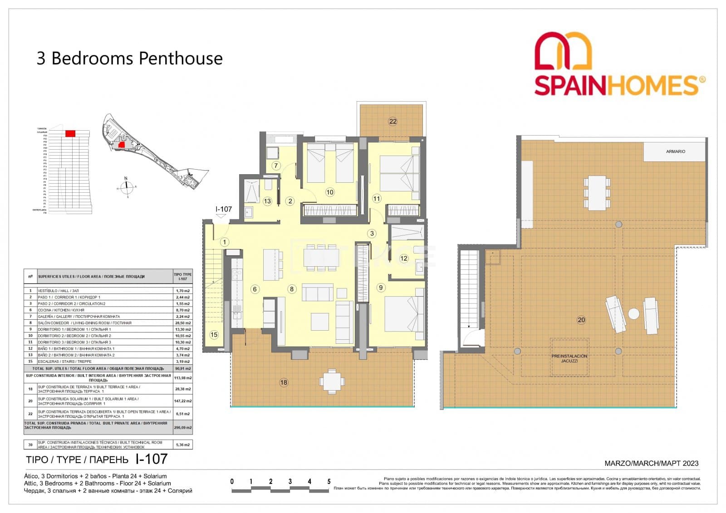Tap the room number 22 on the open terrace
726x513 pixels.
[x=392, y=121]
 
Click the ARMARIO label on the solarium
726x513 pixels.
[x=675, y=151]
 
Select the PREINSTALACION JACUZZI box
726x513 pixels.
[x=569, y=358]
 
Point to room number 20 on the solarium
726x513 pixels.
[x=581, y=320]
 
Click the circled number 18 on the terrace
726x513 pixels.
[x=284, y=382]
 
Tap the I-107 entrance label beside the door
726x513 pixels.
[x=224, y=209]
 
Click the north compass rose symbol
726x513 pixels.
[x=127, y=186]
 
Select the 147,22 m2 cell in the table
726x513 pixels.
[x=183, y=401]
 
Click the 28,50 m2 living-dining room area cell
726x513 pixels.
[x=183, y=323]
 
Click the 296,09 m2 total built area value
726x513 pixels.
[x=183, y=427]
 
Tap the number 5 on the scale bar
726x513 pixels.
[x=329, y=482]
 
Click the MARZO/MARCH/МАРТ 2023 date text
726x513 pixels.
[x=651, y=464]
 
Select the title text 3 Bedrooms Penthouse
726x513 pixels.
[x=129, y=59]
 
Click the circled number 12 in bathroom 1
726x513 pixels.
[x=404, y=258]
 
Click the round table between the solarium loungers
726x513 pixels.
[x=633, y=313]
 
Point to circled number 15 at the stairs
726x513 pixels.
[x=214, y=335]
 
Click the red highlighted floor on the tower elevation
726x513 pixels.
[x=70, y=133]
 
